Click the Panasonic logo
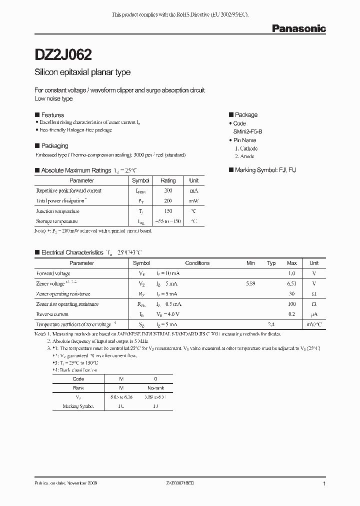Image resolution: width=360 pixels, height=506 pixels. click(x=298, y=29)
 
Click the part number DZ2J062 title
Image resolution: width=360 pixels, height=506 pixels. click(x=63, y=54)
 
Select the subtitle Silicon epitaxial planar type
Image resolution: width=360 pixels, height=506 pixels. click(x=82, y=72)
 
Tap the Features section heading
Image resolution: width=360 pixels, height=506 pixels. click(x=52, y=115)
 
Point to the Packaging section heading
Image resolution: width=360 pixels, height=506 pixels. click(x=54, y=146)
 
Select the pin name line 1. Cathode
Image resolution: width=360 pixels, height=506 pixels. click(x=246, y=148)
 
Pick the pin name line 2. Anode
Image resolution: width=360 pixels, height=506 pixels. click(x=245, y=156)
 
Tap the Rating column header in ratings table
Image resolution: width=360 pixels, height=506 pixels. click(x=168, y=180)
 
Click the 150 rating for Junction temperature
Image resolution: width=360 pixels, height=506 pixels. click(x=168, y=211)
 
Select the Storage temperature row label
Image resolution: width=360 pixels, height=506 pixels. click(x=57, y=221)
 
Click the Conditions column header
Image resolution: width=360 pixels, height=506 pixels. click(x=197, y=263)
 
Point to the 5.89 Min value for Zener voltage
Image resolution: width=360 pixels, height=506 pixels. click(x=251, y=283)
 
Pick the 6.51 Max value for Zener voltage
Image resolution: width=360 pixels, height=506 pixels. click(x=291, y=283)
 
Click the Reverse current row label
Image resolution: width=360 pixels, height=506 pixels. click(x=52, y=314)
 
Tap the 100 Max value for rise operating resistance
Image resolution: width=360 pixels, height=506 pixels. click(x=292, y=304)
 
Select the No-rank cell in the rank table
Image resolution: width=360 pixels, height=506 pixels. click(x=155, y=388)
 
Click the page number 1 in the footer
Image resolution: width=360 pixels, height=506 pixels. click(x=324, y=484)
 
